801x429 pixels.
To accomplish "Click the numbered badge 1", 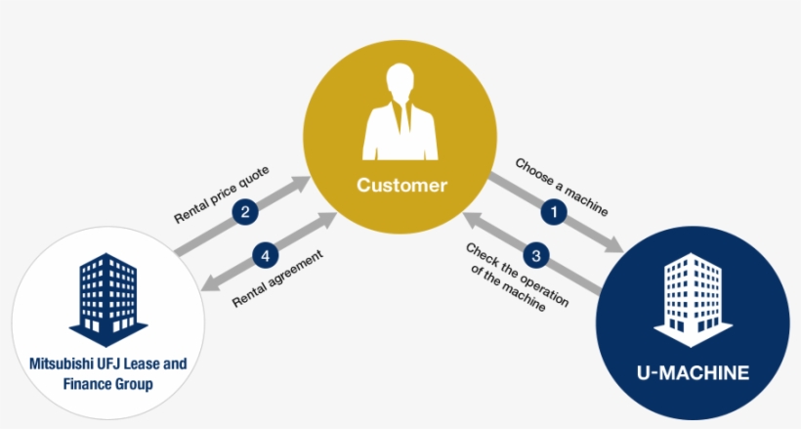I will [x=556, y=210].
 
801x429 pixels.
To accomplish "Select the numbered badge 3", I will [x=536, y=256].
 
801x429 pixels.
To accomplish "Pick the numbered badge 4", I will [x=263, y=256].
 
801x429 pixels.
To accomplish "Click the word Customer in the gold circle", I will [x=401, y=184].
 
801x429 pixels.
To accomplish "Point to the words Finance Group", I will [x=107, y=384].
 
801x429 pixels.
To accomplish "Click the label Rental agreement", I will [x=277, y=279].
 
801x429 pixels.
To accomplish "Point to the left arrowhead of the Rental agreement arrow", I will [x=207, y=285].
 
